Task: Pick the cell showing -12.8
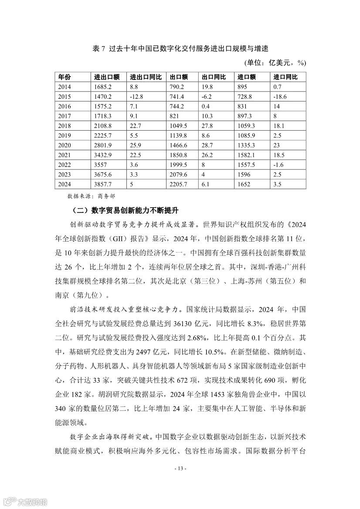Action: (137, 97)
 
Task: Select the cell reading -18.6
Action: (280, 97)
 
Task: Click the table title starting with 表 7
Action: (180, 48)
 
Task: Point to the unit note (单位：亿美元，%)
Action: (275, 63)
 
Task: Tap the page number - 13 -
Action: (180, 469)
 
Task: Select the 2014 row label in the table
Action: (65, 87)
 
